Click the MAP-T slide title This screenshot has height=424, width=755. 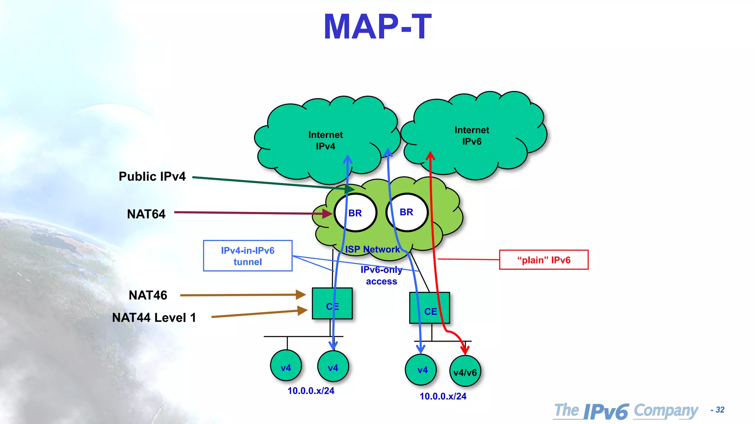coord(377,27)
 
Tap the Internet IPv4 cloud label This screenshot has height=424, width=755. coord(326,140)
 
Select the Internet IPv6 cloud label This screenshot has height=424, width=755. coord(472,135)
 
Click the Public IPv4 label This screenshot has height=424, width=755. coord(152,177)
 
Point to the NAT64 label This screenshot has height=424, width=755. coord(146,214)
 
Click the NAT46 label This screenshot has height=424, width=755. coord(148,295)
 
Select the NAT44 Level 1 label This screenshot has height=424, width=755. coord(154,318)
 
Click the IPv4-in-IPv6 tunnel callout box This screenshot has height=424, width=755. coord(247,256)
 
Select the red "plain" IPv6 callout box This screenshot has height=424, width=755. coord(543,260)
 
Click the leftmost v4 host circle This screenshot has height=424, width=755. coord(286,366)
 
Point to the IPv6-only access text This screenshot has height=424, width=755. coord(381,276)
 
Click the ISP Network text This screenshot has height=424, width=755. coord(372,250)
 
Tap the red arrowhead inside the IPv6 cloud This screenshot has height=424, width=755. coord(430,155)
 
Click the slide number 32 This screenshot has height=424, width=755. coord(719,410)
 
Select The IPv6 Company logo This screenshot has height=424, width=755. coord(626,411)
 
